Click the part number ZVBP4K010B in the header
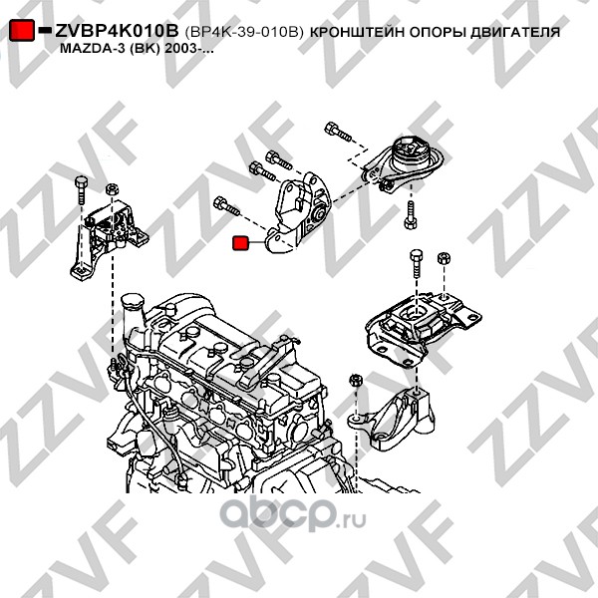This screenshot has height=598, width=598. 117,31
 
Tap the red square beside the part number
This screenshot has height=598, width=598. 22,30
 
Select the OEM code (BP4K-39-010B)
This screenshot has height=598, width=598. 244,32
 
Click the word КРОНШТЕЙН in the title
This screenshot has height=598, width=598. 357,32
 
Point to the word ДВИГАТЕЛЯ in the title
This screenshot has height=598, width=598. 515,32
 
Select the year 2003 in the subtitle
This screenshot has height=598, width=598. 180,49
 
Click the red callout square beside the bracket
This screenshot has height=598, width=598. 240,243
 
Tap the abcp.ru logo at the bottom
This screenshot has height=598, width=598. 293,513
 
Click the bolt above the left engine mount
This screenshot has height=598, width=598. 82,191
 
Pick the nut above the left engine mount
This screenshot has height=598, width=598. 112,189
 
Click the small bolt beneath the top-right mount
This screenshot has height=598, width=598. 411,215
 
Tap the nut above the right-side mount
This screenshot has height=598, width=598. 445,258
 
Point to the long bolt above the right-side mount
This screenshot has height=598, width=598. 416,264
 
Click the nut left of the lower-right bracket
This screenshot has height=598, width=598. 356,380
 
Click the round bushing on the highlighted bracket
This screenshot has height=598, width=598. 319,213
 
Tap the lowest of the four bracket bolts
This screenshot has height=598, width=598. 226,206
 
